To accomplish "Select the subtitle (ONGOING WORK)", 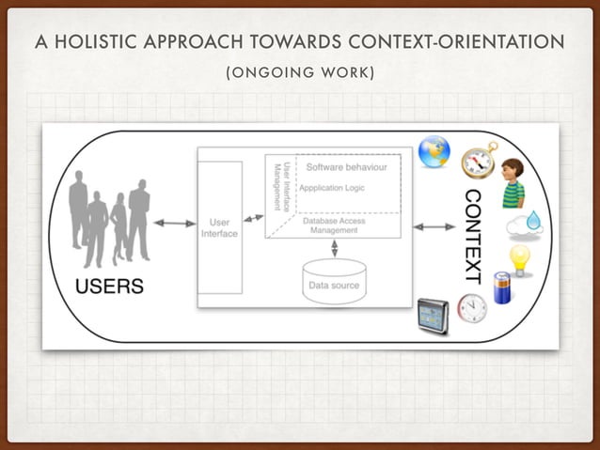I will tap(299, 72).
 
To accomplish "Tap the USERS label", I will tap(109, 287).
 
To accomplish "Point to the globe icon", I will tap(434, 152).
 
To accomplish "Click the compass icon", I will tap(479, 161).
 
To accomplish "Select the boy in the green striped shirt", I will tap(512, 183).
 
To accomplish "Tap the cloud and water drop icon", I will tap(524, 223).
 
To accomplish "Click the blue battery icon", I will tap(502, 287).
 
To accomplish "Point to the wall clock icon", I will tap(471, 307).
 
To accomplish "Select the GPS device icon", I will tap(433, 316).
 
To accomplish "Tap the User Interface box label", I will tap(219, 228).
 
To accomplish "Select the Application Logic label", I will tap(331, 188).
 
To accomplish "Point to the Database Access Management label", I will tap(334, 225).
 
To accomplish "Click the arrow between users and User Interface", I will tap(174, 224).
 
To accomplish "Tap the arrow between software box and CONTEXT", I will tap(434, 226).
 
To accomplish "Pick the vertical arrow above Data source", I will tap(335, 248).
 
